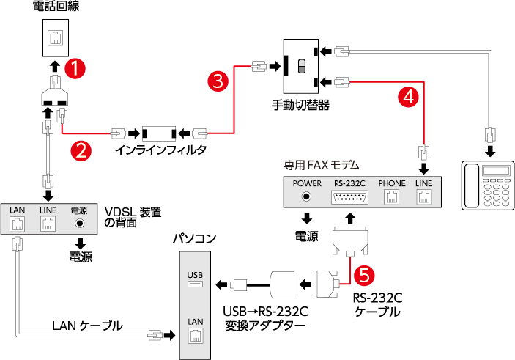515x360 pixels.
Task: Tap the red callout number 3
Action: (218, 81)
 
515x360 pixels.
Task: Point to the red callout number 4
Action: (409, 95)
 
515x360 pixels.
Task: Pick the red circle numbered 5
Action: (365, 274)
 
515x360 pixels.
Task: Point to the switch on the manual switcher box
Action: (300, 66)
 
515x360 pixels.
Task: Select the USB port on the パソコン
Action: (196, 284)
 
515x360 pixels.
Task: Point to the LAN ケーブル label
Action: (86, 326)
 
